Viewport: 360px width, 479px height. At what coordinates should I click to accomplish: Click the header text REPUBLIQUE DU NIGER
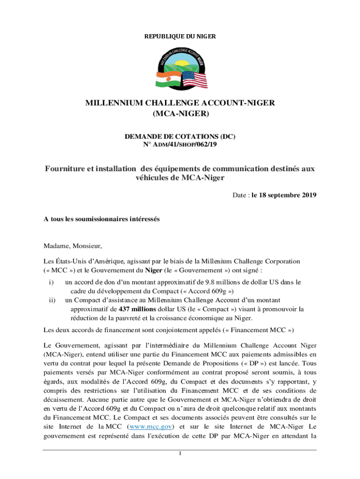coord(180,36)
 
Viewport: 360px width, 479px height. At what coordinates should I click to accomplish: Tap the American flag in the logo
coord(194,80)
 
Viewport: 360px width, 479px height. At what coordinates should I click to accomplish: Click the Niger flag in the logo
coord(166,79)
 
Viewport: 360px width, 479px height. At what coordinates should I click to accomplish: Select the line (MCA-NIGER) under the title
coord(180,114)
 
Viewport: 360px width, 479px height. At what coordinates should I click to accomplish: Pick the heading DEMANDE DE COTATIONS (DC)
coord(180,137)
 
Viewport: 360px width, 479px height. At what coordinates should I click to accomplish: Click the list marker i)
coord(51,282)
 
